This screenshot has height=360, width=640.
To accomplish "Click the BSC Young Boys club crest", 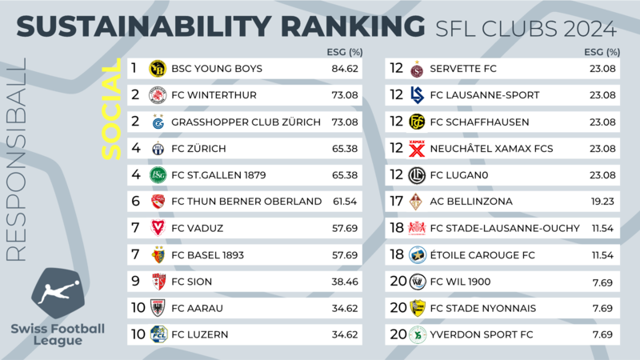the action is tap(158, 69).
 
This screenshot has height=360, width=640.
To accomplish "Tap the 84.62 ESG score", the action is tap(345, 69).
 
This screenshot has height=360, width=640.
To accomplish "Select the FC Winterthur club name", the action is tap(214, 95).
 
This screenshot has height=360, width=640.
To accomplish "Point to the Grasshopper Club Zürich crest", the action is tap(158, 122).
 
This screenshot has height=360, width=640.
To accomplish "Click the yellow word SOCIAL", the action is tap(111, 109).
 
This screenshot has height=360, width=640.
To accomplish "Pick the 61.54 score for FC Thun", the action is tap(345, 202).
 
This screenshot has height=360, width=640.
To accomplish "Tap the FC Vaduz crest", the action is tap(158, 228).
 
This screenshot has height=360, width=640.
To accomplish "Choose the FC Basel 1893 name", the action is tap(207, 255).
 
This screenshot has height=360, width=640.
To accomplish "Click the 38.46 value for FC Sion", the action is tap(345, 282).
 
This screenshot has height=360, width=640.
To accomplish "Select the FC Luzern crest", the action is tap(158, 334).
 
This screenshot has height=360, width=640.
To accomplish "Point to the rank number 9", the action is tap(135, 282).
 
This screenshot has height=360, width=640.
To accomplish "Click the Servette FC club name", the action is tap(463, 69).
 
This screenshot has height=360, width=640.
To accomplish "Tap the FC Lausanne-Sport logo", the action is tap(417, 95).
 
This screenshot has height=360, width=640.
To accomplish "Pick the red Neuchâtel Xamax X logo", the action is tap(417, 149).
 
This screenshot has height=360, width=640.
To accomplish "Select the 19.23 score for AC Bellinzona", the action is tap(602, 202).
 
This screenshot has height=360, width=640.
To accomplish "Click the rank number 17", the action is tap(396, 202).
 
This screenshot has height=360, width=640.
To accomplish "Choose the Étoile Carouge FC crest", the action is tap(417, 255).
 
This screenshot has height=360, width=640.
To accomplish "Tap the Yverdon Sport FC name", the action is tap(482, 334).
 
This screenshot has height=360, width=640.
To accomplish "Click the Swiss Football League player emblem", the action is tap(58, 293).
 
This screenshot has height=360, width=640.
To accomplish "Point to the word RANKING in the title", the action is tap(353, 26).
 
